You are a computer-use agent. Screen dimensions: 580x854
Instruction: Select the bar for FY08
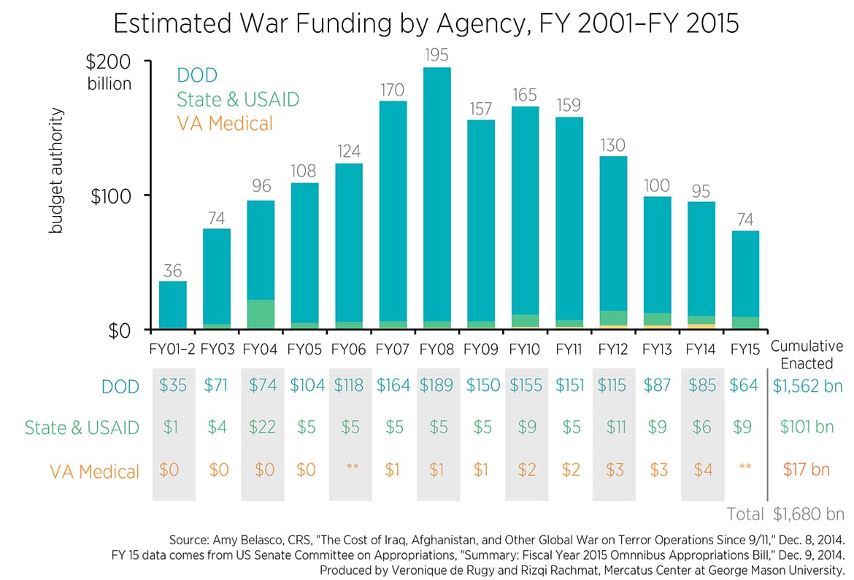(x=436, y=197)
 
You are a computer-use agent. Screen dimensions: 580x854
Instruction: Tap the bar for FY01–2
(x=172, y=305)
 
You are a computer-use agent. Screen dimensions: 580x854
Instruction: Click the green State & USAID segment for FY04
(x=261, y=314)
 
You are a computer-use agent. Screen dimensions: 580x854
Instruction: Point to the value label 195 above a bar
(x=436, y=55)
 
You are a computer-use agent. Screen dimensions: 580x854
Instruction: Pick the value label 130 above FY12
(x=612, y=144)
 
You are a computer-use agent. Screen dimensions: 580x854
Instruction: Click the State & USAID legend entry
(x=238, y=99)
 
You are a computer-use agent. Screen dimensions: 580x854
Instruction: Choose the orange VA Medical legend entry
(x=225, y=123)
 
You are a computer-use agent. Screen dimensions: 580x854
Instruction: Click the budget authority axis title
(x=56, y=171)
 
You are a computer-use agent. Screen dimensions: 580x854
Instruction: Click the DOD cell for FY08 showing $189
(x=436, y=386)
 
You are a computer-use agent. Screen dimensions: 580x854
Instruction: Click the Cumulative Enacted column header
(x=807, y=355)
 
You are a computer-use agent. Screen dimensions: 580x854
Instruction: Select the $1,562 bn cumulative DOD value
(x=807, y=386)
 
